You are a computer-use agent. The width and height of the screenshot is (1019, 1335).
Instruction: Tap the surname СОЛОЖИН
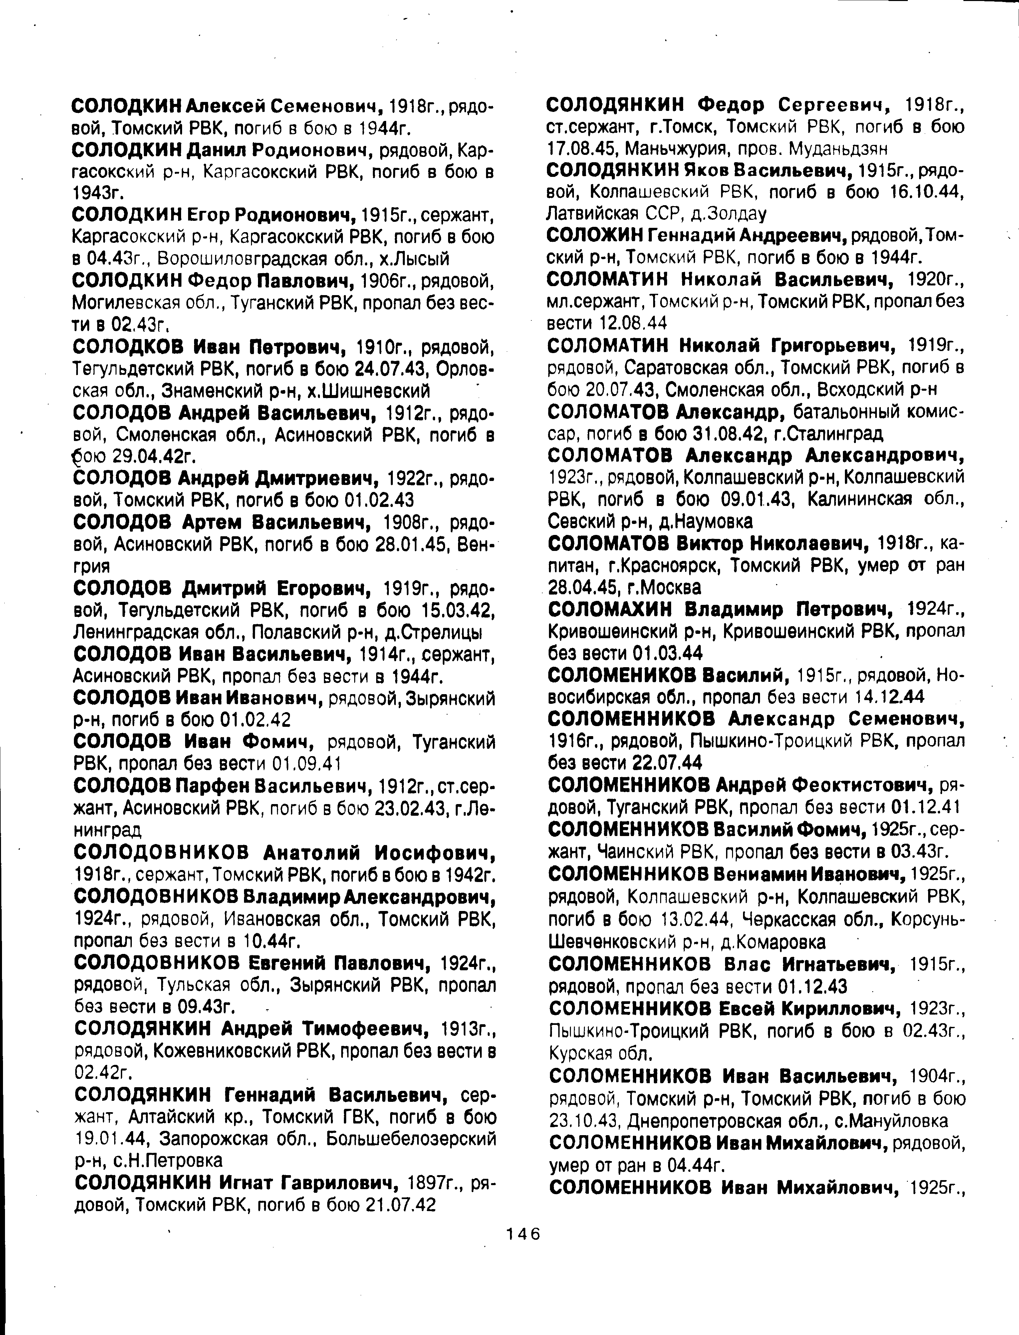click(x=593, y=235)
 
